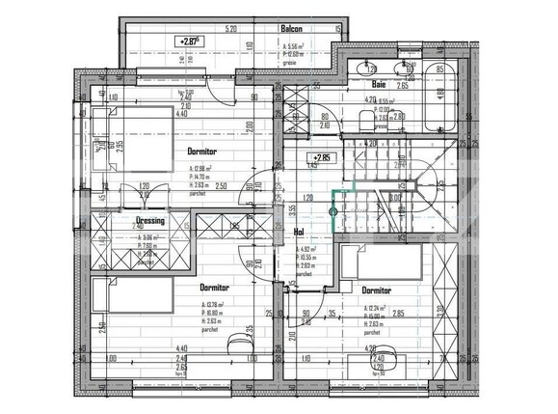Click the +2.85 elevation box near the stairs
(318, 156)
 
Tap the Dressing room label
(151, 220)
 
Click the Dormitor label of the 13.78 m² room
(214, 288)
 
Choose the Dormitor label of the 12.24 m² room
(376, 290)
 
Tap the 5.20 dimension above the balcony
(230, 29)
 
